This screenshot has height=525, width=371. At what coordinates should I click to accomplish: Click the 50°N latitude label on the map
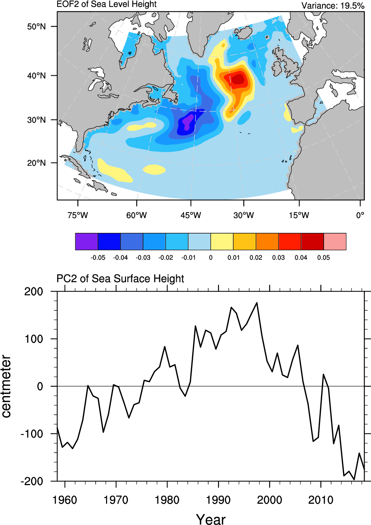(36, 27)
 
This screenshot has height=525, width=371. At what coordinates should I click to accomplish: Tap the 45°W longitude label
(191, 215)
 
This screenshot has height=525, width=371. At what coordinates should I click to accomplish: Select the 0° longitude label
(360, 215)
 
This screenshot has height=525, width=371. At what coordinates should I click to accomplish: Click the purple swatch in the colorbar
(86, 242)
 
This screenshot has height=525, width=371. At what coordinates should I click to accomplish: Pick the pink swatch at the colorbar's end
(335, 242)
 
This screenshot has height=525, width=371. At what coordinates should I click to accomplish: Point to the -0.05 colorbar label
(98, 258)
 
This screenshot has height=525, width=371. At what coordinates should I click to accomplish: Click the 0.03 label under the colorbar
(278, 258)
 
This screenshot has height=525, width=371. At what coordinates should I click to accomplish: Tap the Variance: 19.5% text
(333, 6)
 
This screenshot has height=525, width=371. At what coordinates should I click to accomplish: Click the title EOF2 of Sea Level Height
(106, 4)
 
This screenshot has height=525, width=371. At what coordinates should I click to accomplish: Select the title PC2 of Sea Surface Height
(120, 279)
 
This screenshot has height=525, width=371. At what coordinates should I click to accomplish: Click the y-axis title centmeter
(6, 386)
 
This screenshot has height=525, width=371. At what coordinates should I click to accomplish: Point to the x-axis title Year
(211, 519)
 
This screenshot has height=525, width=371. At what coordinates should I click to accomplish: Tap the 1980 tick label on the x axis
(167, 500)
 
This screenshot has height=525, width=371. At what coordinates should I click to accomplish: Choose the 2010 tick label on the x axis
(321, 500)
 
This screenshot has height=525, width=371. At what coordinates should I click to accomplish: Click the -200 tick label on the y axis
(32, 481)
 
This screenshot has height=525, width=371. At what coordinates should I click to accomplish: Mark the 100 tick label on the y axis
(34, 339)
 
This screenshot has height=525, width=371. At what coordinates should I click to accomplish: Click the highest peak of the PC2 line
(257, 303)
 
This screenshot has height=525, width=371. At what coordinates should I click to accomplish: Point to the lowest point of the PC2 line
(354, 480)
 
